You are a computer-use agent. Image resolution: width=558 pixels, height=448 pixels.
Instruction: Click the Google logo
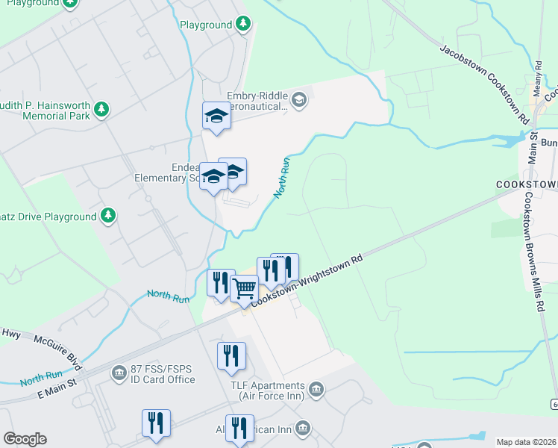click(x=25, y=439)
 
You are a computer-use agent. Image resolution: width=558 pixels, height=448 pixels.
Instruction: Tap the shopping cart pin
click(x=243, y=288)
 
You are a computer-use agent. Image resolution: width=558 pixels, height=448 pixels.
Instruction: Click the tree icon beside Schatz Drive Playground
click(x=109, y=216)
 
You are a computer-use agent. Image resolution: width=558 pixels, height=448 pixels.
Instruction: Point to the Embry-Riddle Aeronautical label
click(x=247, y=101)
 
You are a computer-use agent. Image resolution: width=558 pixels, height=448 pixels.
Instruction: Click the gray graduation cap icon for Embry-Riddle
click(x=299, y=99)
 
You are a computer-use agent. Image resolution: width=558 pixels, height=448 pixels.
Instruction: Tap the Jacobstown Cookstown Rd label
click(x=484, y=84)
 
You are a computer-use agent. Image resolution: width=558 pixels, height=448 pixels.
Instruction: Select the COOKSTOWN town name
click(x=527, y=183)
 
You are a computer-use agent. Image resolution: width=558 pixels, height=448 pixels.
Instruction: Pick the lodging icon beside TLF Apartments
click(x=317, y=388)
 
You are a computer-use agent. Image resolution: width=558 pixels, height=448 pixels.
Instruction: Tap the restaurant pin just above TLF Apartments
click(x=231, y=355)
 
